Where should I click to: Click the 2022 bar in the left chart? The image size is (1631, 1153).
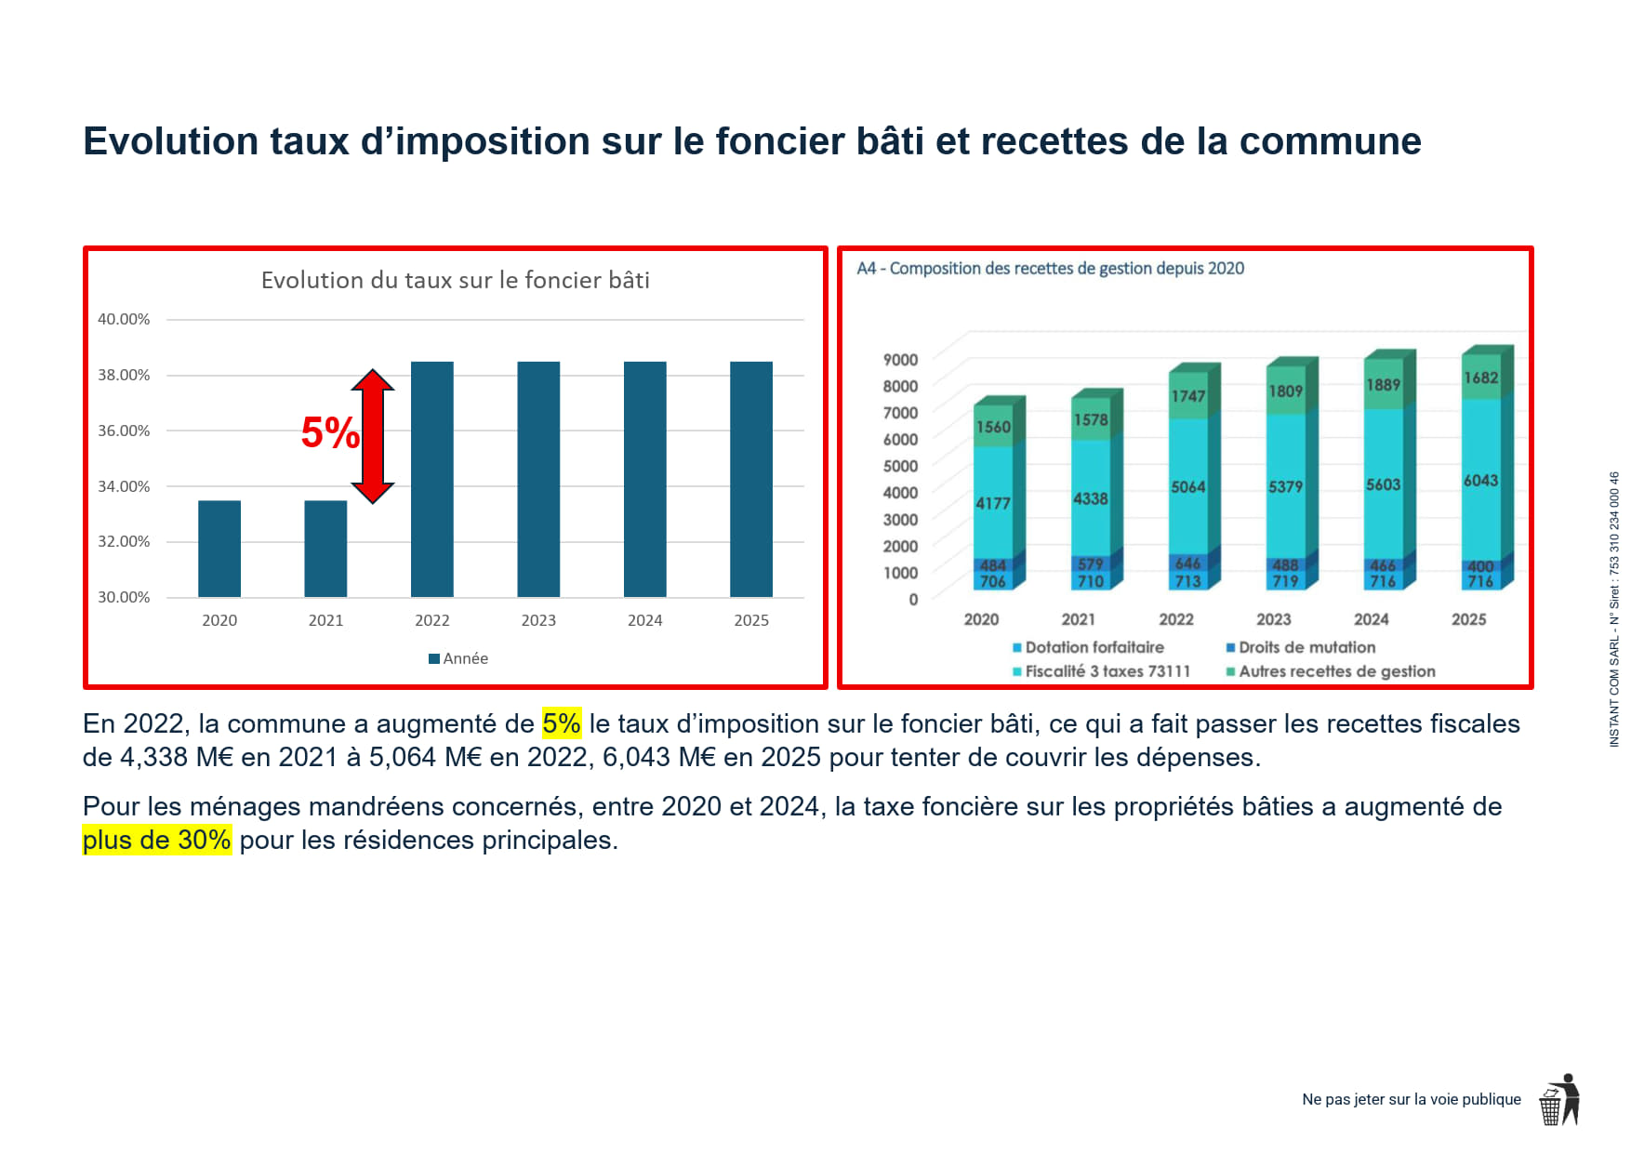click(431, 479)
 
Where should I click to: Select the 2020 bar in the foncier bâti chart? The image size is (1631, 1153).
click(219, 549)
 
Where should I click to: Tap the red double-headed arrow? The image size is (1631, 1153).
click(373, 436)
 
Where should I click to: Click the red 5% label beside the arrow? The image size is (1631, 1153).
click(330, 433)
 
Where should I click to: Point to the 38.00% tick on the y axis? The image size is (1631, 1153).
click(124, 375)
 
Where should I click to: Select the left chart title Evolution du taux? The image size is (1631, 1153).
click(455, 280)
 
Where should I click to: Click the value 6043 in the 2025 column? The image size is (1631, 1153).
click(1480, 481)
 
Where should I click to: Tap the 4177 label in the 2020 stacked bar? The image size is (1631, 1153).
click(992, 503)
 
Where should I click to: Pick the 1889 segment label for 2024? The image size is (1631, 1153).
click(1383, 385)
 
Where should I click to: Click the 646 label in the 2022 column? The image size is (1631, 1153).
click(1187, 563)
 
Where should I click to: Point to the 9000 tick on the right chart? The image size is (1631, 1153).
click(900, 360)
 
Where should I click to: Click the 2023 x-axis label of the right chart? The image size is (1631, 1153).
click(1273, 619)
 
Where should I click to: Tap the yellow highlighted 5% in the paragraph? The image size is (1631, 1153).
click(562, 723)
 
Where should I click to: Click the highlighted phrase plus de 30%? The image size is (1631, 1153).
click(156, 840)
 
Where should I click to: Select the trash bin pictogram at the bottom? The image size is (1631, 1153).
click(1550, 1107)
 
